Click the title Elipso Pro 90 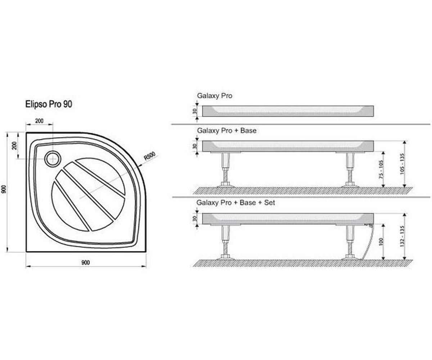(49, 104)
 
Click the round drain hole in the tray (53, 159)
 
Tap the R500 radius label (149, 156)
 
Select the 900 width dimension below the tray (85, 262)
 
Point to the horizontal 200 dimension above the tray (39, 121)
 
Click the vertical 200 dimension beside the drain (14, 146)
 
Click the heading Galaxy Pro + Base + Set (236, 203)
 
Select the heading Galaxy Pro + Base (227, 131)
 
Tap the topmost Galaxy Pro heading (215, 96)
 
